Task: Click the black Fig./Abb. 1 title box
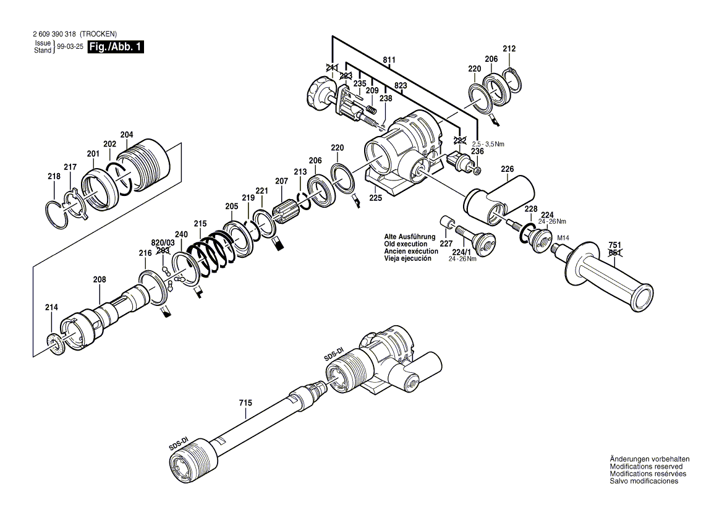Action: [116, 47]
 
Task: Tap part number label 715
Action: [245, 403]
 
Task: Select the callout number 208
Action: [100, 279]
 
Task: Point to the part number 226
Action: [508, 169]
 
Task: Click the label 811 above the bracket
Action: [389, 60]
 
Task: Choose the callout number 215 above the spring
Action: [200, 223]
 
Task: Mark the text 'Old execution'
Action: [406, 244]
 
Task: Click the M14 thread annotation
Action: [563, 238]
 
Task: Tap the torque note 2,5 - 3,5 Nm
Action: [488, 144]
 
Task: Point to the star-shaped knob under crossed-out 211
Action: [318, 95]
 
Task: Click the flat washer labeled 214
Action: [55, 342]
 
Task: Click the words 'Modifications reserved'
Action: [647, 467]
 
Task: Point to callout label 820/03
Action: [163, 242]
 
